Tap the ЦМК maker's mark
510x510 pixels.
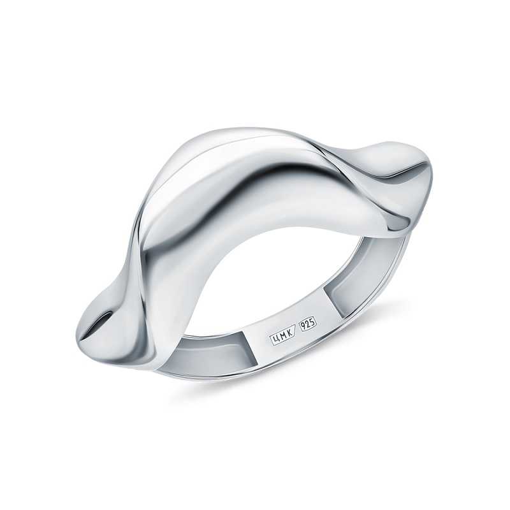282,333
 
